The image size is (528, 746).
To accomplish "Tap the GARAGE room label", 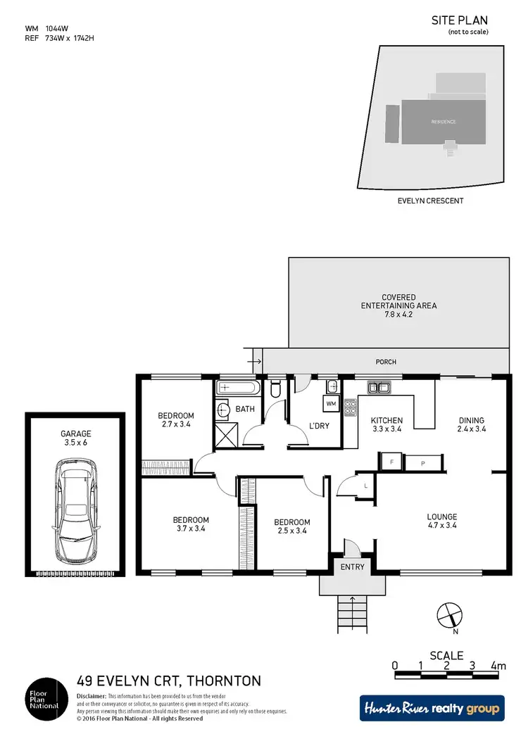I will pos(76,434).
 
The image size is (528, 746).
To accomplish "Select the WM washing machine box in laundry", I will pos(331,404).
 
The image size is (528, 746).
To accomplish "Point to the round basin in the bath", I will pos(224,410).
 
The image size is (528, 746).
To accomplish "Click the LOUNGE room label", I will pos(441,517).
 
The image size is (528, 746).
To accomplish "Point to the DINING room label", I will pos(471,420).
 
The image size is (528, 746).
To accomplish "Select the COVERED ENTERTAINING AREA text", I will pos(398,305).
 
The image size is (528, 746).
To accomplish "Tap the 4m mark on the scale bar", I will pos(498,665).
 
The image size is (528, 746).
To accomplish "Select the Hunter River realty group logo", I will pos(431,709).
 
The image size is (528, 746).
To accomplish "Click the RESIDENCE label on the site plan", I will pos(444,122).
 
